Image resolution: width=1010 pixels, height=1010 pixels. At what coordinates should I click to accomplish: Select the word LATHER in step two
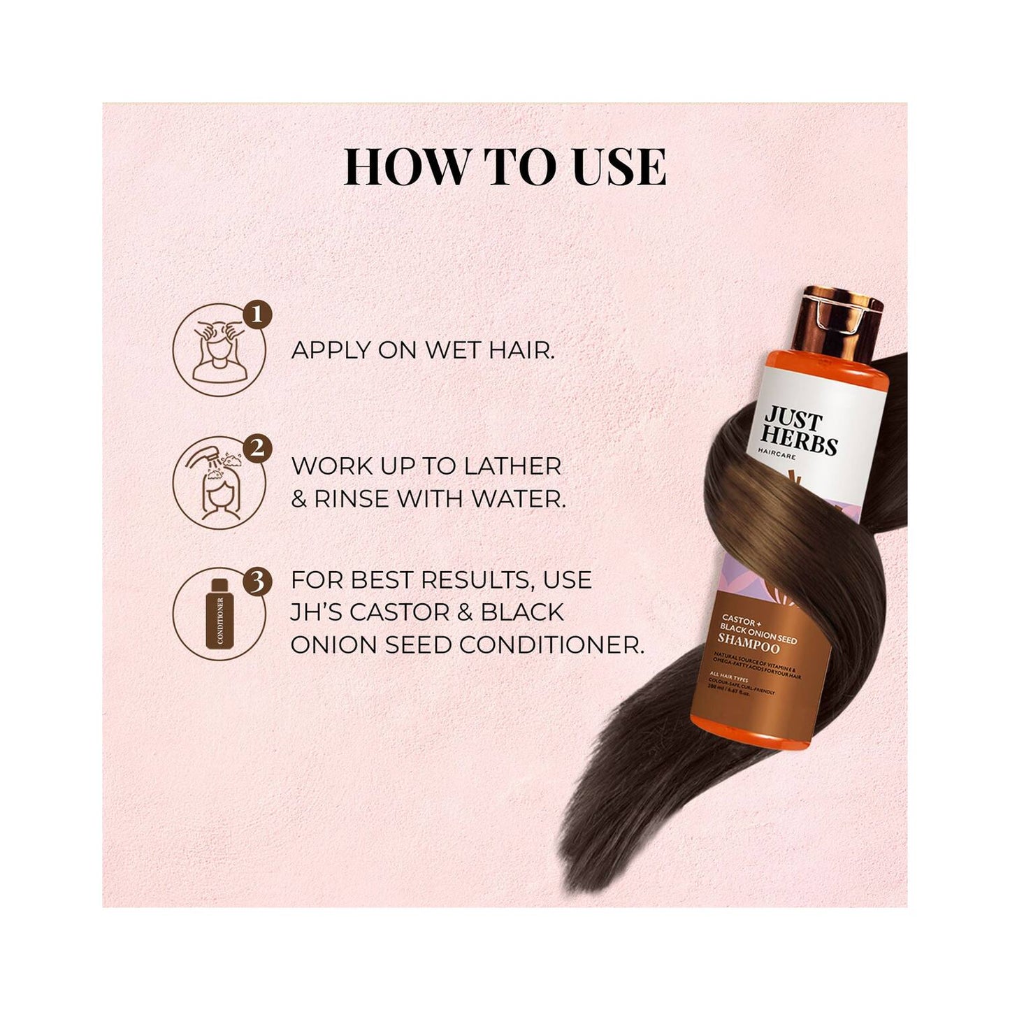pyautogui.click(x=516, y=466)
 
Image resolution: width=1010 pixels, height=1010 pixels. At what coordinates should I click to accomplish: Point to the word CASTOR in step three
pyautogui.click(x=396, y=612)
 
